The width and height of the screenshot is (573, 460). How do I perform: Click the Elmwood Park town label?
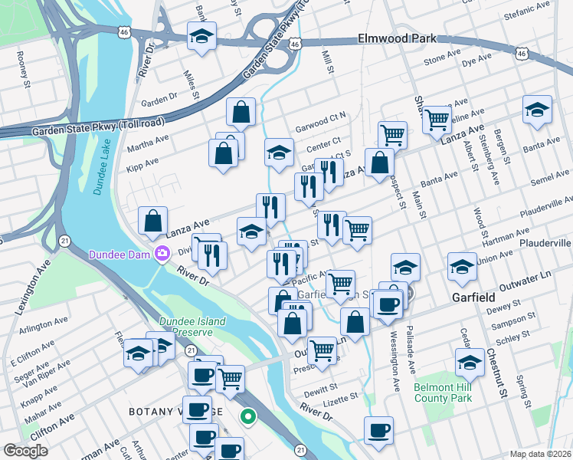pyautogui.click(x=397, y=38)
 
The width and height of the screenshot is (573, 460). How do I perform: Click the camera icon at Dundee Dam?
pyautogui.click(x=162, y=254)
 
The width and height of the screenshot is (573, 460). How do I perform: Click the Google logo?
pyautogui.click(x=26, y=451)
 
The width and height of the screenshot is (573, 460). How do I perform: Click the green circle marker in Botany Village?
pyautogui.click(x=247, y=417)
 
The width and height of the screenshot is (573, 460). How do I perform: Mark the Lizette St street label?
pyautogui.click(x=339, y=399)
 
